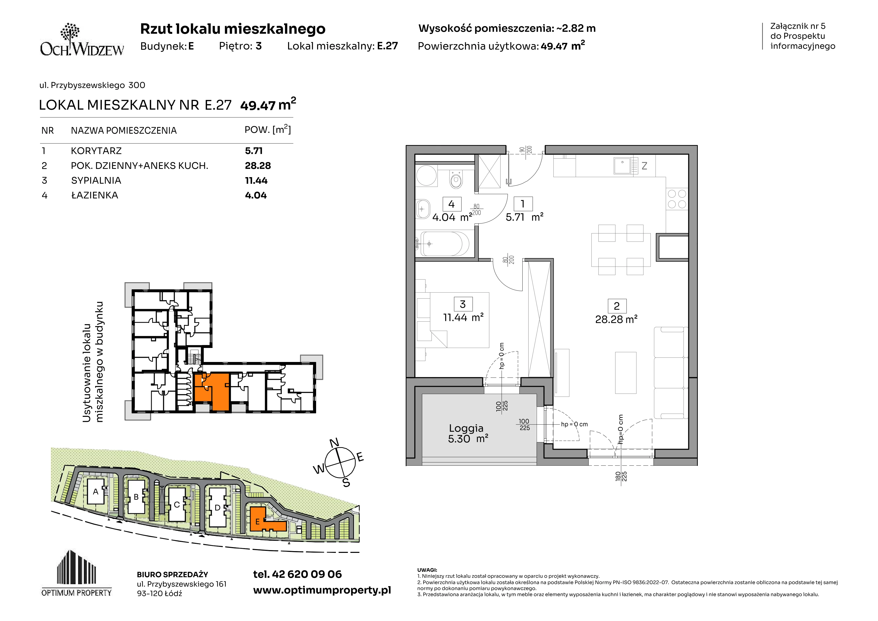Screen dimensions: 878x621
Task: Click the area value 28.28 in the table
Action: pos(258,166)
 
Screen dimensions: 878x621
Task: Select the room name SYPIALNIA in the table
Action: pos(96,181)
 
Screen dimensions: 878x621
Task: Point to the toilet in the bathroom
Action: pos(456,179)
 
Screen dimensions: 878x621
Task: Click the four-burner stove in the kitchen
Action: pos(677,199)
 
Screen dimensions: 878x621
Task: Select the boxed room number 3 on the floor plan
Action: pos(463,304)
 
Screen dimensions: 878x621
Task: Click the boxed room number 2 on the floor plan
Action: pos(617,306)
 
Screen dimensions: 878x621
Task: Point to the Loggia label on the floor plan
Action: pos(466,428)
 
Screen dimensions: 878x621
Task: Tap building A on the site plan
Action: pos(96,492)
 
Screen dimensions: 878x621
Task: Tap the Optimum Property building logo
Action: pos(77,573)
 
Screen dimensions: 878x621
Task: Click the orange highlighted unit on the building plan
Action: pos(212,392)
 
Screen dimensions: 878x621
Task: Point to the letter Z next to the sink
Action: pos(644,166)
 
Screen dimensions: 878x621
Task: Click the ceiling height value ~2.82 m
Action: pos(575,28)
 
